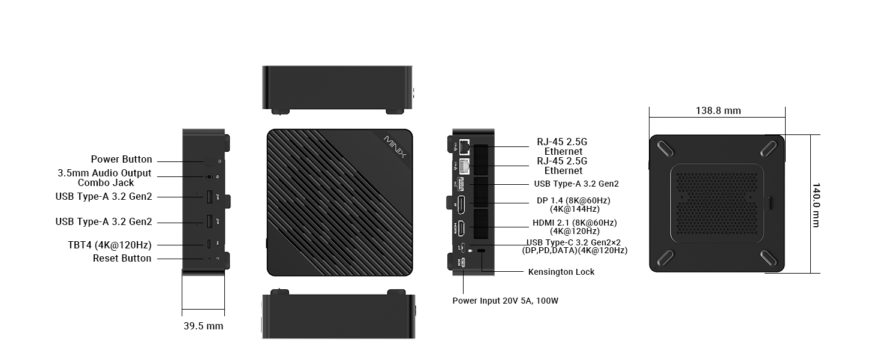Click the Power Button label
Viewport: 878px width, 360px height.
121,160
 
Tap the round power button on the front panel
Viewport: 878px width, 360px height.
208,161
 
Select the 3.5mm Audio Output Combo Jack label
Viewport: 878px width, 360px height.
104,178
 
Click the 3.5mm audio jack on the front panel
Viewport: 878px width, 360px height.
209,177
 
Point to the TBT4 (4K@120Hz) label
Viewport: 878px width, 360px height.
109,245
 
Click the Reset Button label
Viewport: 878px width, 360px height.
122,258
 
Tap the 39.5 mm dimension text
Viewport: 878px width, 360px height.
203,326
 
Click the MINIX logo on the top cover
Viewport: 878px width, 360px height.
395,147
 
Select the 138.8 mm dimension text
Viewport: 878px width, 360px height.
718,110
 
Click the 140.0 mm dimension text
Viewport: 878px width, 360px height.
816,205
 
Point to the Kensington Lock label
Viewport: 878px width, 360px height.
561,272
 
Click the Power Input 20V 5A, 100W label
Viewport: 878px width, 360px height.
505,300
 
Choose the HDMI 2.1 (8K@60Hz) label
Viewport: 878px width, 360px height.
575,223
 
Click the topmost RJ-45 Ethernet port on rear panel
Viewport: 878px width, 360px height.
464,146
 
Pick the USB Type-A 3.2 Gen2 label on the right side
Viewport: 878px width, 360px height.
576,184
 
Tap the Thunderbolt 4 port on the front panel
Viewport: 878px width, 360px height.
208,244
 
